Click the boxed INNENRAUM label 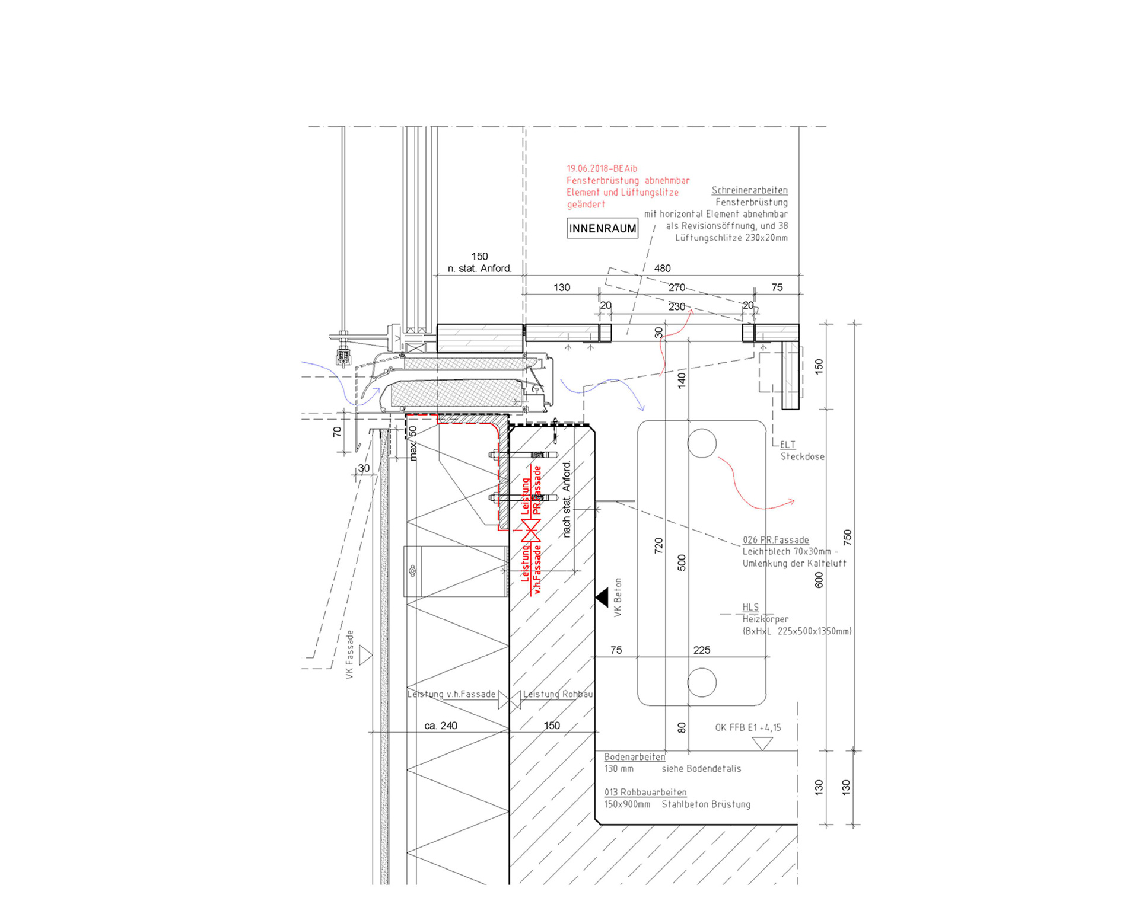point(602,228)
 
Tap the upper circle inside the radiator point(702,443)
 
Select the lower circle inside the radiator point(702,682)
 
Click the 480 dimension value point(662,269)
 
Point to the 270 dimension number point(676,287)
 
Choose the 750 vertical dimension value point(847,537)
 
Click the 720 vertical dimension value point(658,545)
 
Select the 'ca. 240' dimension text point(441,726)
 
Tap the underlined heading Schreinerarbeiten point(749,190)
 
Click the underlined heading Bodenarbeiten point(634,757)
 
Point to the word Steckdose point(802,456)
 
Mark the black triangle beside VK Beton point(602,597)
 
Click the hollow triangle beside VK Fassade point(365,656)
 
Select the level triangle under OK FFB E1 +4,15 point(762,743)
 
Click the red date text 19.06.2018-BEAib point(602,169)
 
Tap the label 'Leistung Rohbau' point(558,694)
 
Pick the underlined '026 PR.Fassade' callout point(775,540)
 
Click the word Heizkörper point(765,619)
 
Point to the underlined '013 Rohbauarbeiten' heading point(645,793)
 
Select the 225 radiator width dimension point(701,650)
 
